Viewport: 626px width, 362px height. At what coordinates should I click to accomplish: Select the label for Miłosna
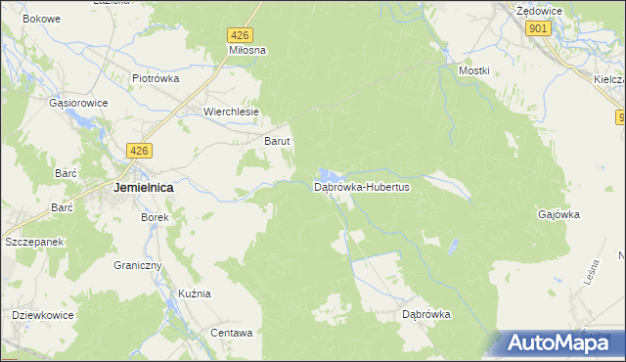coord(247,49)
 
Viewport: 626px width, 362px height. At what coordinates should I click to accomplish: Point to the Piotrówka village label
coord(157,79)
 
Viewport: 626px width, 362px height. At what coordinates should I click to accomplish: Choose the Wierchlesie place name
coord(231,112)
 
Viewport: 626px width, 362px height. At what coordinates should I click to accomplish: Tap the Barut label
coord(279,141)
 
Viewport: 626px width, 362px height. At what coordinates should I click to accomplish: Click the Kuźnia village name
coord(194,294)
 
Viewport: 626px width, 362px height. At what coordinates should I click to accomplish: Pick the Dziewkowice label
coord(44,315)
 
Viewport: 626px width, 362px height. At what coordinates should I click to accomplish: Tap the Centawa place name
coord(232,333)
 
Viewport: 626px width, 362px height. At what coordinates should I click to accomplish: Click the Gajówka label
coord(559,213)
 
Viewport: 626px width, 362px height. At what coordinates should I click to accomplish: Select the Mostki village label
coord(474,71)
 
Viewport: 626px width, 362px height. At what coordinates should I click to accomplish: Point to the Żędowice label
coord(537,9)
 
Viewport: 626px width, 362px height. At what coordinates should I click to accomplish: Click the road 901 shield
coord(537,29)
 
